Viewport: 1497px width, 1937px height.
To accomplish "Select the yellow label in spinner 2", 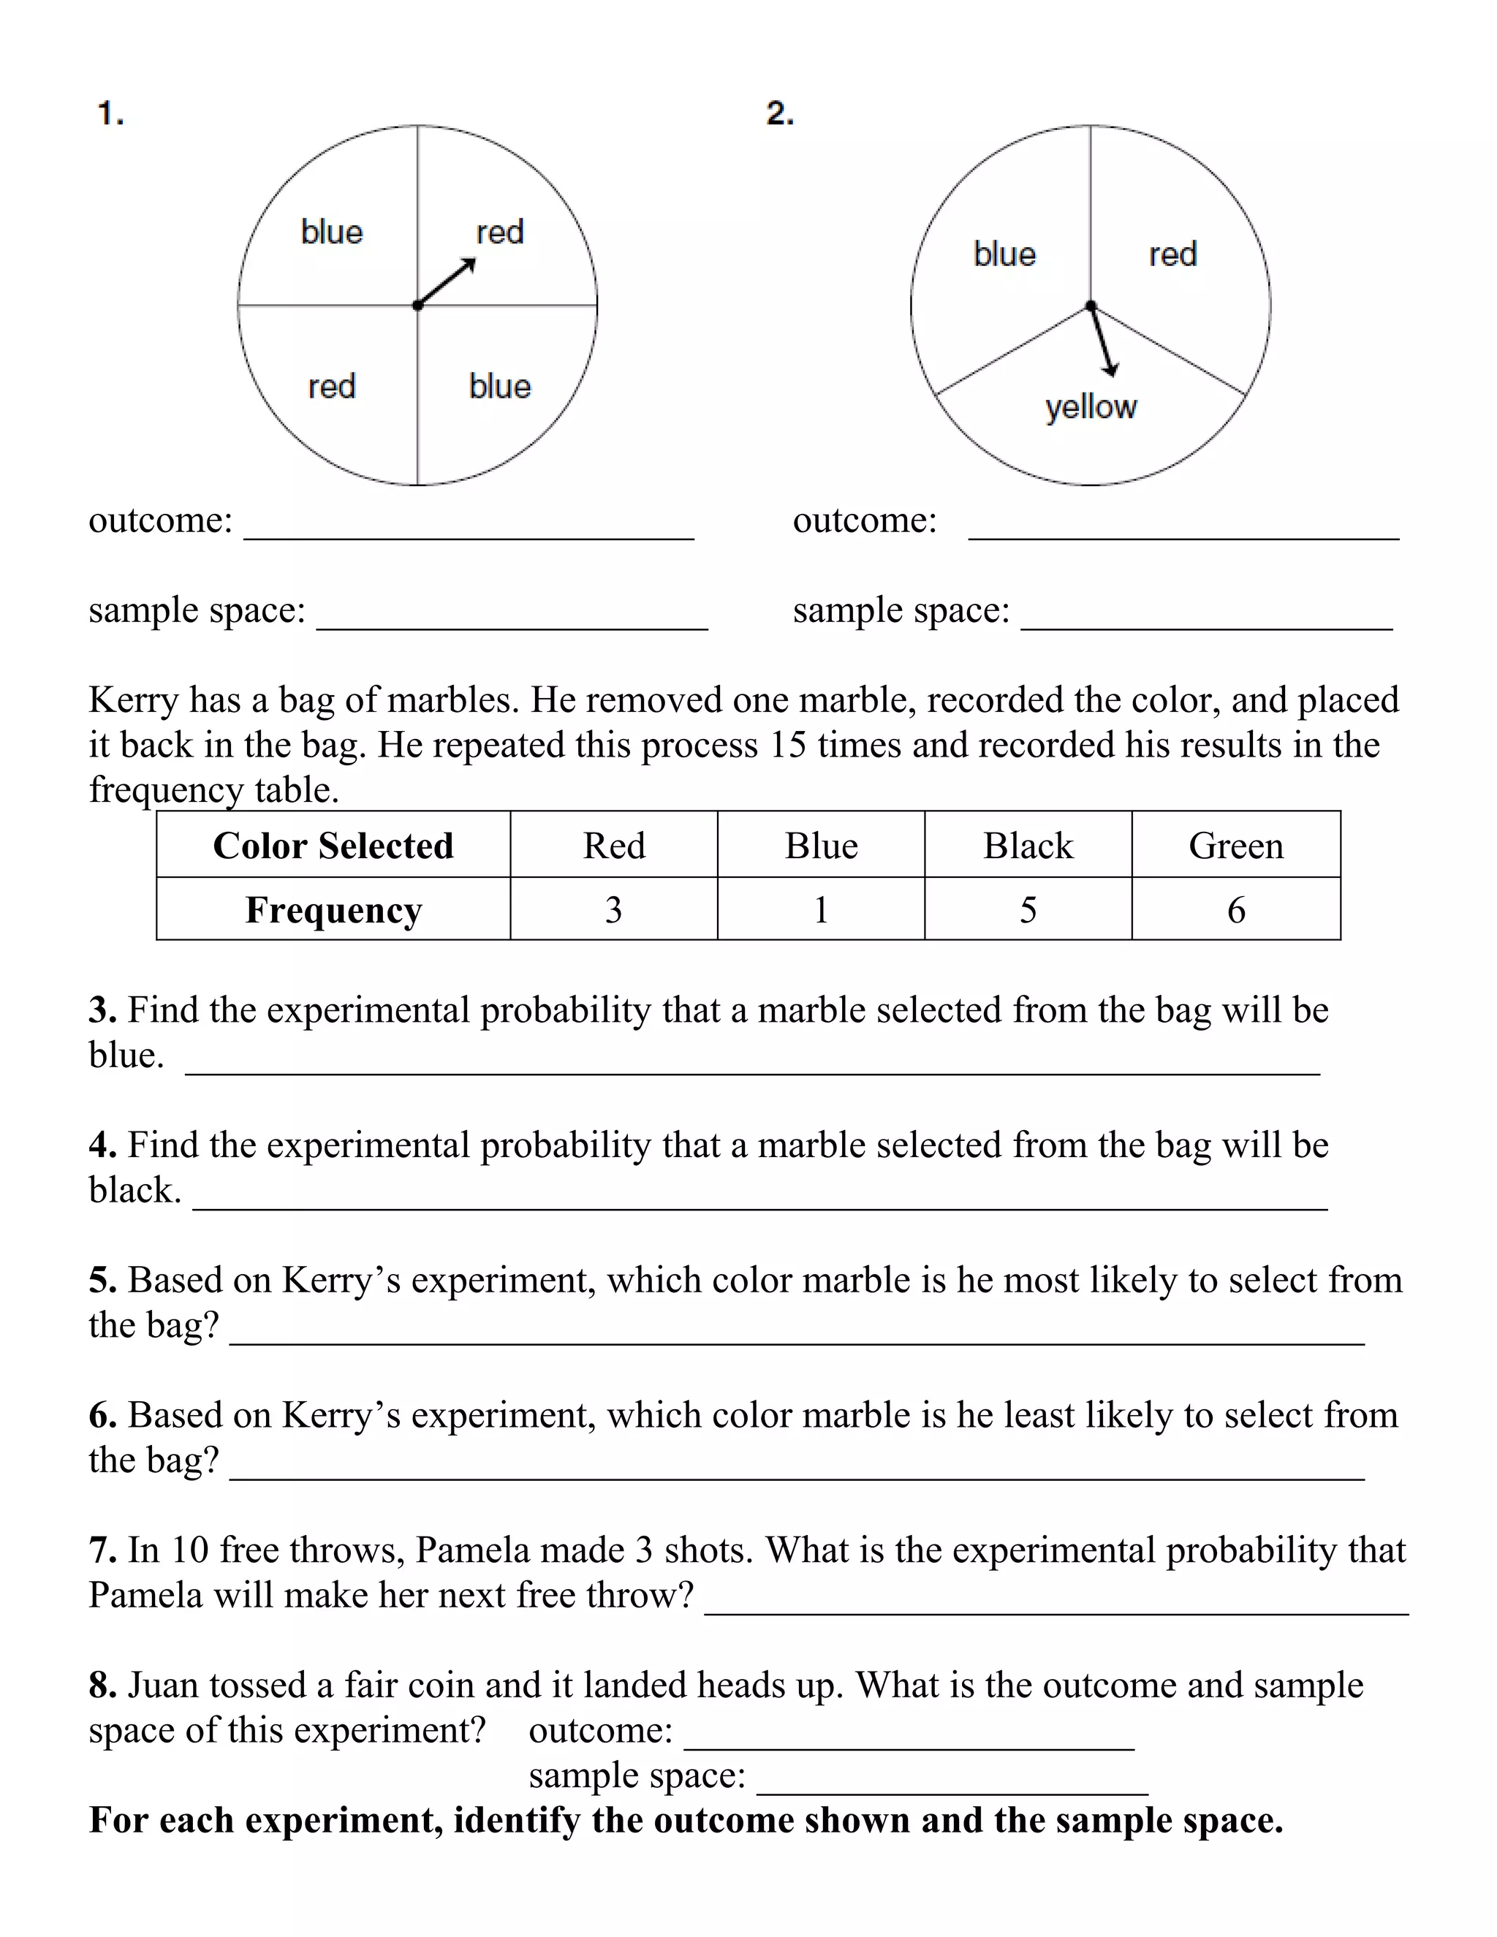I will point(1090,407).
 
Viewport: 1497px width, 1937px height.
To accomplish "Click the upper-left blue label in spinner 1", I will point(332,232).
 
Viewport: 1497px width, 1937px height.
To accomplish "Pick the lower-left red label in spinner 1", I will point(332,387).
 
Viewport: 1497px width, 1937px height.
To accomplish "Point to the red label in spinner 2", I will point(1172,254).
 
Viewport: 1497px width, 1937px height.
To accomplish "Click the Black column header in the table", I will point(1028,845).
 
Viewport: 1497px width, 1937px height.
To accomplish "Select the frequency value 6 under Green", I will point(1235,910).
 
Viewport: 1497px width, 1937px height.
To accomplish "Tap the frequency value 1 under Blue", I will point(820,910).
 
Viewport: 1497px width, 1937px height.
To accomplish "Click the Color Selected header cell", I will point(333,845).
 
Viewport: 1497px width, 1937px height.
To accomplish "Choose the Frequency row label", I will point(333,910).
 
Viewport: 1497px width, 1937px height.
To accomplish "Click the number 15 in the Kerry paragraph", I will point(787,745).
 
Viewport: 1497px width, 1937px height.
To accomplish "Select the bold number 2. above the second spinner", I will point(779,113).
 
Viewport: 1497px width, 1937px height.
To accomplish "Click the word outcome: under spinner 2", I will point(865,520).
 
